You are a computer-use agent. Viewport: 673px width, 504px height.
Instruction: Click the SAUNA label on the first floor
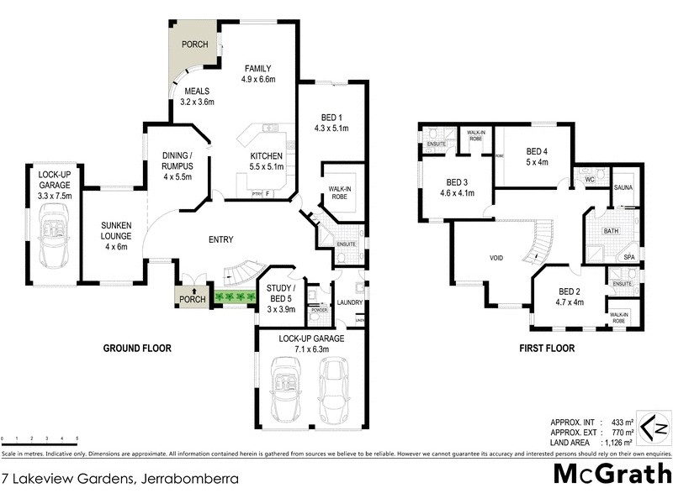coord(623,187)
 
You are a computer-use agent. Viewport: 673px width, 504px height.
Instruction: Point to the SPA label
coord(628,257)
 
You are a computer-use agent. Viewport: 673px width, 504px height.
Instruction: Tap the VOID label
coord(496,258)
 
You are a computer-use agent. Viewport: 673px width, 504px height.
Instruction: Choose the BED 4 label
coord(537,155)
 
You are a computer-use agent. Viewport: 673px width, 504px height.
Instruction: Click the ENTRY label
coord(220,240)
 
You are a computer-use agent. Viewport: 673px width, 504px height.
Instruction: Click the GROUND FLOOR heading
coord(137,348)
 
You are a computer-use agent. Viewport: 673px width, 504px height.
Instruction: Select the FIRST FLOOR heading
coord(546,348)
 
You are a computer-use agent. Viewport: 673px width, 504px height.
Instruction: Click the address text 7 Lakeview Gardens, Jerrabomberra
coord(119,479)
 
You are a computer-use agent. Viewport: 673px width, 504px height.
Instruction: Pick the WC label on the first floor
coord(590,179)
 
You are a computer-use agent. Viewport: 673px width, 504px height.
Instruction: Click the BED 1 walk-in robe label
coord(340,192)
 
